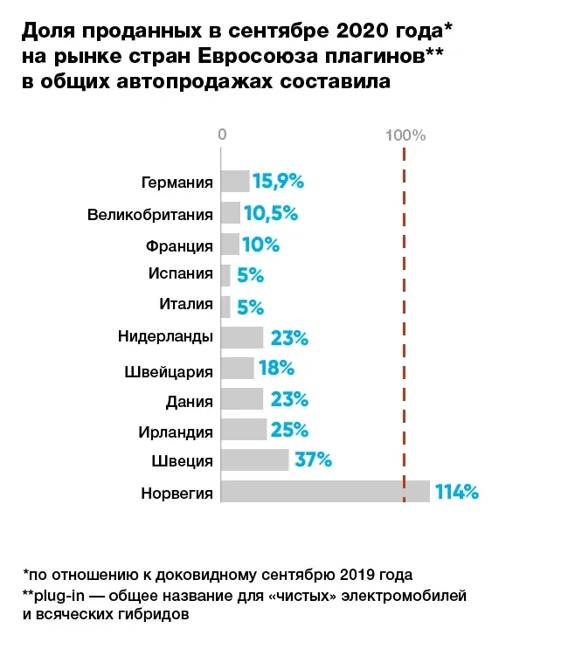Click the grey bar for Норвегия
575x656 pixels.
pos(325,492)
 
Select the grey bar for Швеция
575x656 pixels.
pos(254,460)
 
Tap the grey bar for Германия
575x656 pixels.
pos(234,182)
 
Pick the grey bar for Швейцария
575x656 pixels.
pos(237,369)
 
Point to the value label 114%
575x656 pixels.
pos(457,492)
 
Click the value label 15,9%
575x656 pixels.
pos(278,182)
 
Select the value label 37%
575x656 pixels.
pos(313,460)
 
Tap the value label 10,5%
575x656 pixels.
pos(271,213)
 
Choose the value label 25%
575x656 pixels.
pos(289,430)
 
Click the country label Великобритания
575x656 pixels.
pos(150,214)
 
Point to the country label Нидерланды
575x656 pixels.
pos(165,337)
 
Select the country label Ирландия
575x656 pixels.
pos(176,431)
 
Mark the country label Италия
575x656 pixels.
pos(186,305)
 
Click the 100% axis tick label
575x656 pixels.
pos(405,135)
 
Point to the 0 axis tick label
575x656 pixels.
pos(222,135)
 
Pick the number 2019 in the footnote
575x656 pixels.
pos(359,575)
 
